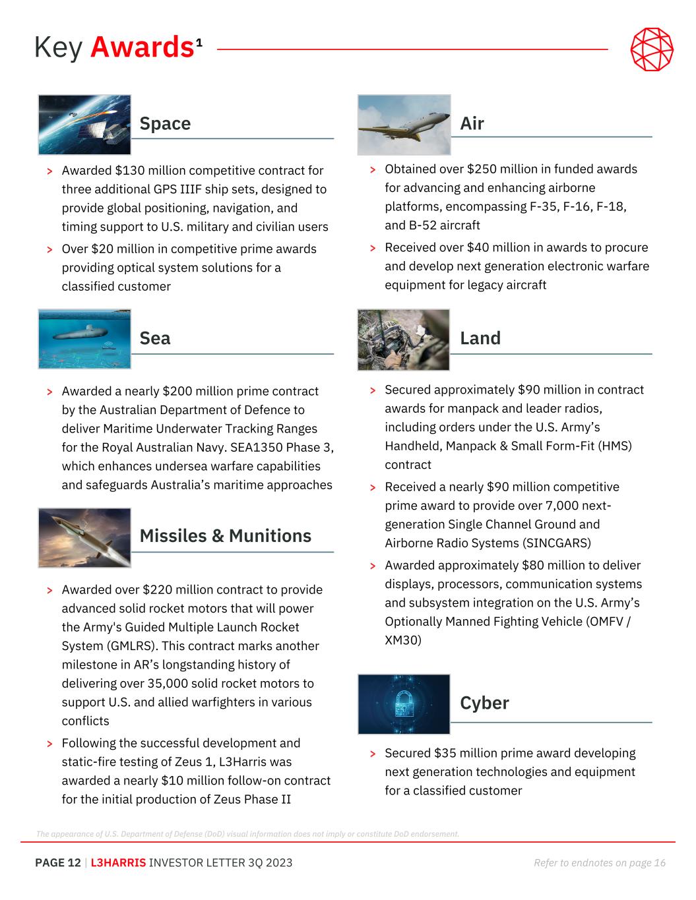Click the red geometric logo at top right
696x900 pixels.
652,49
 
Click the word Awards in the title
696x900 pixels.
142,47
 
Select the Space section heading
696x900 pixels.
165,123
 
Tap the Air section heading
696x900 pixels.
472,123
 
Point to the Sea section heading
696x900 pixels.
155,338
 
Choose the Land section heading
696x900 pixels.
480,338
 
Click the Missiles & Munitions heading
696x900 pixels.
225,535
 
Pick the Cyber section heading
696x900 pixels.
484,703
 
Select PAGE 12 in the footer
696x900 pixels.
58,862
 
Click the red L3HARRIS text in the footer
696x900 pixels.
118,862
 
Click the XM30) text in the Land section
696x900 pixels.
402,640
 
